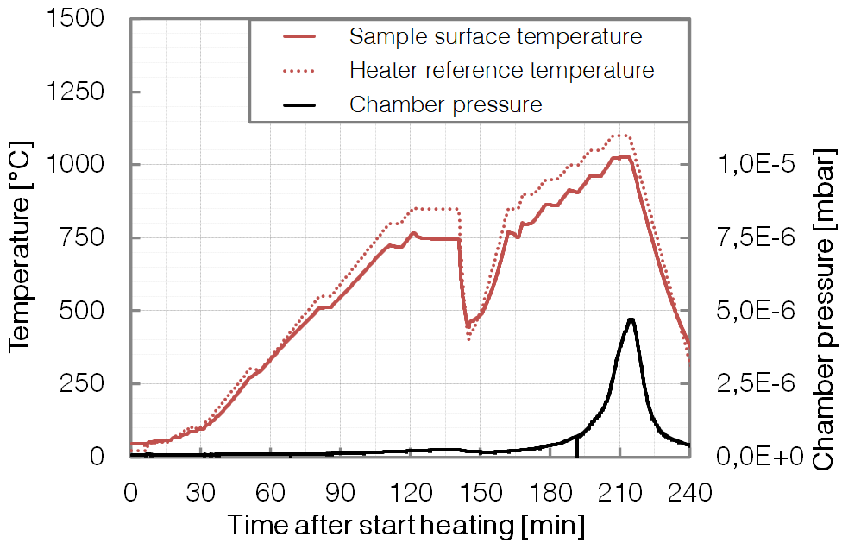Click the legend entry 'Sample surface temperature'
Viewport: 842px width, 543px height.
coord(495,36)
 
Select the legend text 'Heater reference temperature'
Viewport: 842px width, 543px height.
coord(501,69)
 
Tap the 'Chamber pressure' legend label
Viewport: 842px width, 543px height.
coord(445,104)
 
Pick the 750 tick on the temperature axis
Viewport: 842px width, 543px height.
coord(89,237)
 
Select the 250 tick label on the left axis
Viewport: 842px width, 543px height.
coord(89,382)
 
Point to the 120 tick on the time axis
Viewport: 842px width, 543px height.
coord(410,493)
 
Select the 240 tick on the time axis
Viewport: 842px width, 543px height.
coord(689,493)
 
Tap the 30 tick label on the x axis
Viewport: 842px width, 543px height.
coord(200,493)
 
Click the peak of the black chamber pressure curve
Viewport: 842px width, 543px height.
coord(631,319)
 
